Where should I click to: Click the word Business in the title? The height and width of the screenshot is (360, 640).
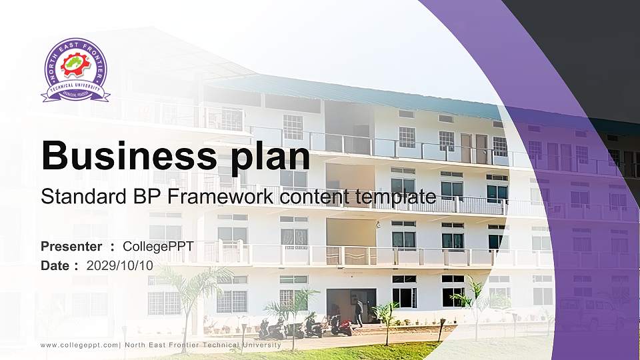pos(127,156)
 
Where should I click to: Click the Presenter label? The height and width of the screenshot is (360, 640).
pos(71,247)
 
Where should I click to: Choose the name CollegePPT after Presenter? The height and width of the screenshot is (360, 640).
pos(158,247)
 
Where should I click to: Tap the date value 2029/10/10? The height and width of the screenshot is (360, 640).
pos(120,265)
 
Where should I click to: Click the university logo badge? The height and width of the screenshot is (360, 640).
pos(75,70)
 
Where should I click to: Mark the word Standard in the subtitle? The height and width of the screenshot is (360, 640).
pos(72,197)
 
